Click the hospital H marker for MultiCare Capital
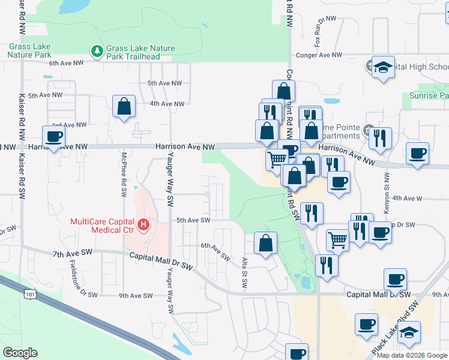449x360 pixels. click(x=143, y=226)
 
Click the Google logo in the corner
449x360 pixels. click(x=20, y=353)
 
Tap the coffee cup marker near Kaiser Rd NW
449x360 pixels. click(x=54, y=136)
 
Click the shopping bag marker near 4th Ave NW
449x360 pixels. click(x=123, y=107)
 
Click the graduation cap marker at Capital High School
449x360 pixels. click(x=382, y=68)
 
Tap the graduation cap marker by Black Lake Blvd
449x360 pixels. click(x=409, y=332)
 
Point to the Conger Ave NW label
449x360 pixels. click(x=319, y=55)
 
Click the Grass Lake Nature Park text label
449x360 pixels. click(x=29, y=50)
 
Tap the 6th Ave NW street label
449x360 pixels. click(x=64, y=62)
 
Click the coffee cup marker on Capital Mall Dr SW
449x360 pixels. click(x=396, y=279)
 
